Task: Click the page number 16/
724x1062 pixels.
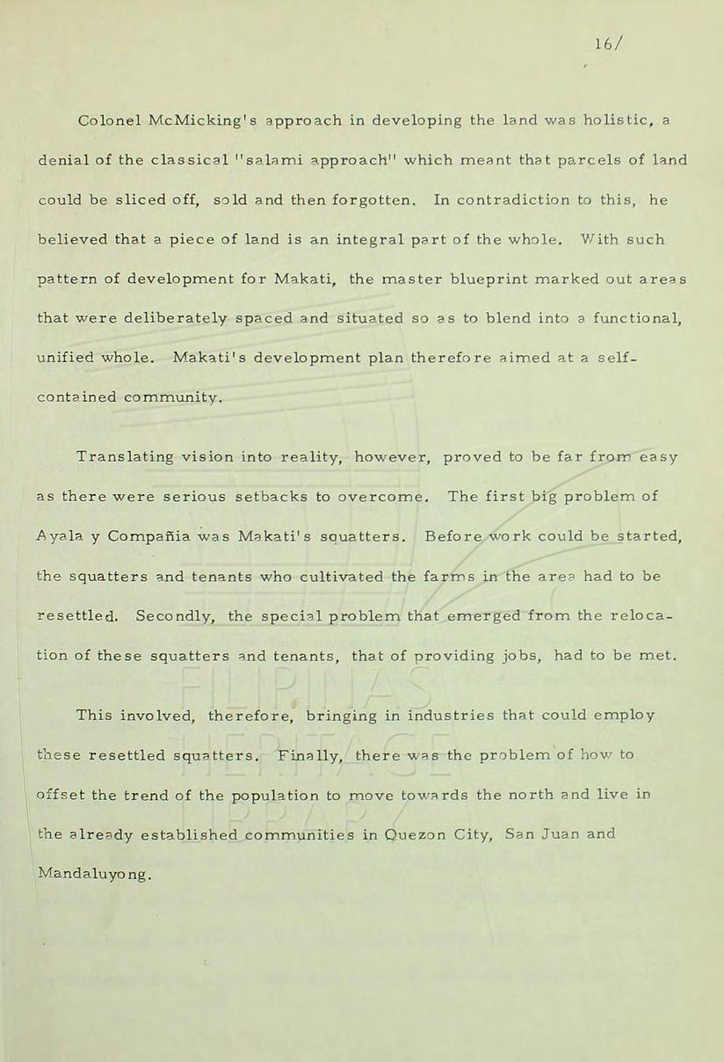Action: (x=604, y=45)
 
